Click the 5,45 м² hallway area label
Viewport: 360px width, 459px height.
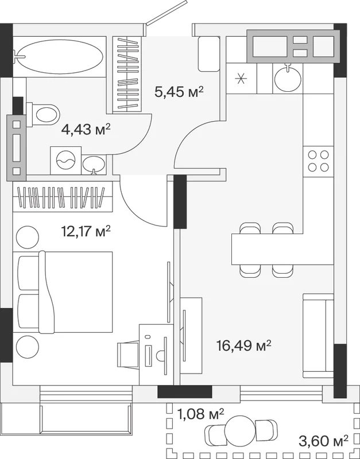coord(179,92)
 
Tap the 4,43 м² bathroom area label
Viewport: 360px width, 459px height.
coord(86,129)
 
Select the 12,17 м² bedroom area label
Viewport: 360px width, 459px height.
coord(86,231)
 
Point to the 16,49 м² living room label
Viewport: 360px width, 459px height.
coord(243,345)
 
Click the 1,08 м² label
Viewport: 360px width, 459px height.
coord(200,414)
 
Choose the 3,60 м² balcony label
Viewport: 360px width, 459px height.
coord(323,438)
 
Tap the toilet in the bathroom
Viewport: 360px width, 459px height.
coord(44,114)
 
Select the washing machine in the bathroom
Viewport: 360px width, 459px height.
coord(66,161)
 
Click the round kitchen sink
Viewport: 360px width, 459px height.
coord(288,77)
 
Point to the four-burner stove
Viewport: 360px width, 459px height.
coord(319,161)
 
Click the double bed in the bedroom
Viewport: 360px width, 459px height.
coord(65,292)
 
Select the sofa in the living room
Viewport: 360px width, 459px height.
coord(318,336)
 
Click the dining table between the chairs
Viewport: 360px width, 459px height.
coord(267,249)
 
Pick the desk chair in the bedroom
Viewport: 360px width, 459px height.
coord(127,355)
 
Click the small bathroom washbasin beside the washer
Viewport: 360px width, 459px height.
coord(94,165)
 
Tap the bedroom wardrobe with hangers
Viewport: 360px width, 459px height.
coord(63,197)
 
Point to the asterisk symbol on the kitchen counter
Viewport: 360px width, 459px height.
coord(241,79)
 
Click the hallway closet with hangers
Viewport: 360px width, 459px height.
coord(127,74)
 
